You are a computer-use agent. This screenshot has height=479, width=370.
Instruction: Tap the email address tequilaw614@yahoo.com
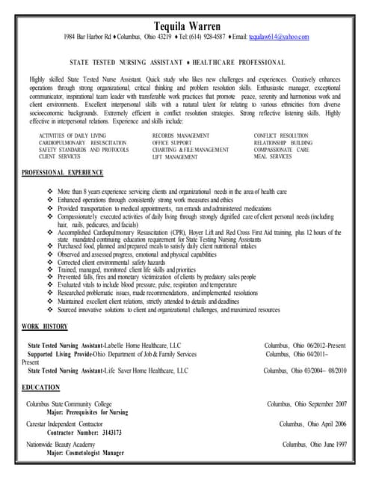coord(279,37)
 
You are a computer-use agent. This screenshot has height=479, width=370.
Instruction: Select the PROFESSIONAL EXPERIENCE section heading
coord(62,173)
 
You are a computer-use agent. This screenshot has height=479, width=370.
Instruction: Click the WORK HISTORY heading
coord(44,326)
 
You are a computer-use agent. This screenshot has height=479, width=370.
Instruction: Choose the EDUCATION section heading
coord(40,387)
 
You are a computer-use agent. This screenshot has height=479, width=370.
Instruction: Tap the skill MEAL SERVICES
coord(273,157)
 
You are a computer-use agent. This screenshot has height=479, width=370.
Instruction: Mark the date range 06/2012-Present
coord(322,345)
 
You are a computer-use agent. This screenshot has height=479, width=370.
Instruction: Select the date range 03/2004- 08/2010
coord(321,370)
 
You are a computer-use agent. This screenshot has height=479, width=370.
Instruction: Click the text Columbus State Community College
coord(70,404)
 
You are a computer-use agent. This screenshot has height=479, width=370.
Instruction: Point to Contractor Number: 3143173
coord(84,433)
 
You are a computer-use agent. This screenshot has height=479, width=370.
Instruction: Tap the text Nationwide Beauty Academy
coord(65,444)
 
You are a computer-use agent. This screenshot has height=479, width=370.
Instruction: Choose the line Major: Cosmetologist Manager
coord(84,454)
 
